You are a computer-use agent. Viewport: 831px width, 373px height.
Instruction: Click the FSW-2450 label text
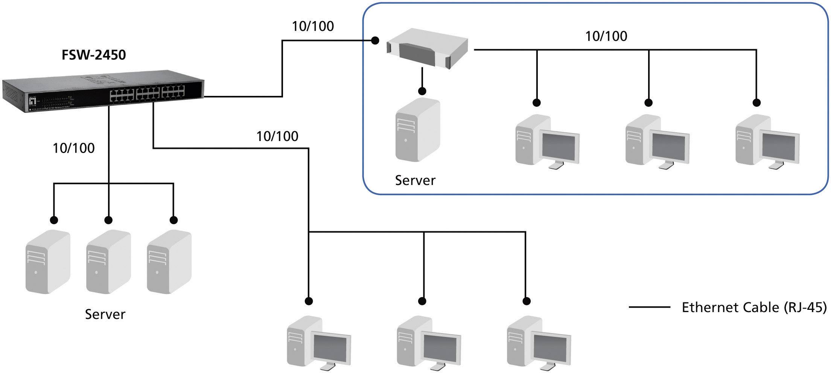coord(93,55)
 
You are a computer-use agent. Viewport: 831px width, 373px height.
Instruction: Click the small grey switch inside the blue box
coord(428,49)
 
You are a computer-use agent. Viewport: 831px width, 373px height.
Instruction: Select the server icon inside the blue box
coord(417,130)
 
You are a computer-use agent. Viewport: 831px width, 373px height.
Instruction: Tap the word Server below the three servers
coord(105,314)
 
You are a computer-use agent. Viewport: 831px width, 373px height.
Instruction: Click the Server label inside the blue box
coord(415,180)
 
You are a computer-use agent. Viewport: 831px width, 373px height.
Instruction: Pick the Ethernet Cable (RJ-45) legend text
coord(754,308)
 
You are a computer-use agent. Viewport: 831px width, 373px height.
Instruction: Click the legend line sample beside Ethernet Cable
coord(650,308)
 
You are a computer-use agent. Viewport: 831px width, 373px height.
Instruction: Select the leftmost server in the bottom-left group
coord(48,262)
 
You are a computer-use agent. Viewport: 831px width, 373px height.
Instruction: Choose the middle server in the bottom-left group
coord(108,262)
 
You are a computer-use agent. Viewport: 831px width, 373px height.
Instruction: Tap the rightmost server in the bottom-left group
coord(169,262)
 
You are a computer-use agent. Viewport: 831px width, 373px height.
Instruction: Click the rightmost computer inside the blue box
coord(767,141)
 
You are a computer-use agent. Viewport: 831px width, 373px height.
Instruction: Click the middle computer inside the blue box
coord(657,141)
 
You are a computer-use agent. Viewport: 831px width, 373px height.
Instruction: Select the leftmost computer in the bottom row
coord(319,343)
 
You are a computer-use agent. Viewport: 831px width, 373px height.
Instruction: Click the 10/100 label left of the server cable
coord(73,148)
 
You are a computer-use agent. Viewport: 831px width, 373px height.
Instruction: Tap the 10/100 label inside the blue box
coord(606,36)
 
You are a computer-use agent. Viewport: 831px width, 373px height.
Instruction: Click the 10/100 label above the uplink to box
coord(313,26)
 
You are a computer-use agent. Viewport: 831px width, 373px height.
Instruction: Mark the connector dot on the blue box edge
coord(375,40)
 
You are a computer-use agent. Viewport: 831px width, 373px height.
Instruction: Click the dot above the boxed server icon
coord(422,91)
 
